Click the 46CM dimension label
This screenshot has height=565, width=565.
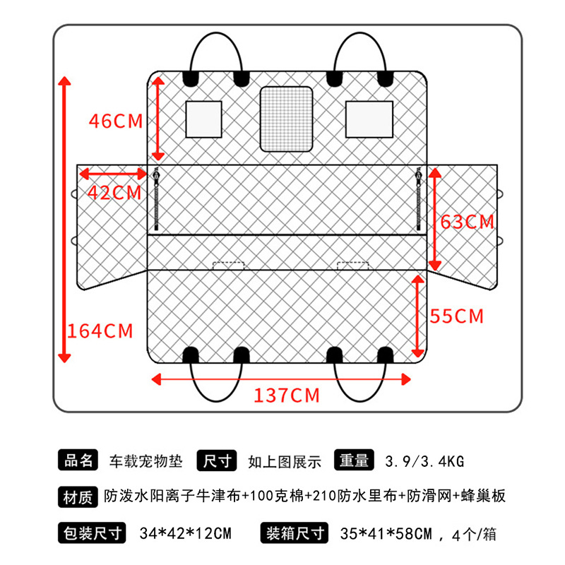click(115, 121)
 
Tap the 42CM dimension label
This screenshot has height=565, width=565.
click(115, 193)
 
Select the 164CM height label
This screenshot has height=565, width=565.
click(100, 330)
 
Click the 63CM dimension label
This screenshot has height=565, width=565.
click(468, 222)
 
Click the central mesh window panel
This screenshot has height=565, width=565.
click(286, 119)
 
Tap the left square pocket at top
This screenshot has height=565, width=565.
click(203, 119)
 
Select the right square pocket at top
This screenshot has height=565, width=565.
click(369, 119)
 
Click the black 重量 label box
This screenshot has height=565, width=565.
click(354, 460)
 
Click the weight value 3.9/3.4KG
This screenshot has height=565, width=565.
click(424, 462)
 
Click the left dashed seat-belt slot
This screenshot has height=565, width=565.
click(229, 265)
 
